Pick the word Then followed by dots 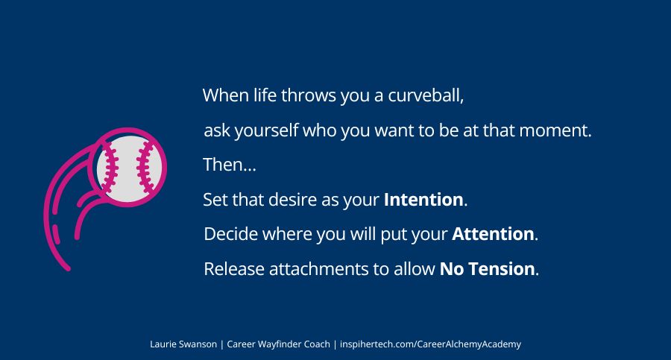(229, 165)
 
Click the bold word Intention (423, 200)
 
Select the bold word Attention (493, 234)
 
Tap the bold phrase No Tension (487, 269)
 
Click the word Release (230, 269)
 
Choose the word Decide (228, 234)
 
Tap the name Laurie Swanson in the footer (183, 344)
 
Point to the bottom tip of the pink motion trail (68, 268)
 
